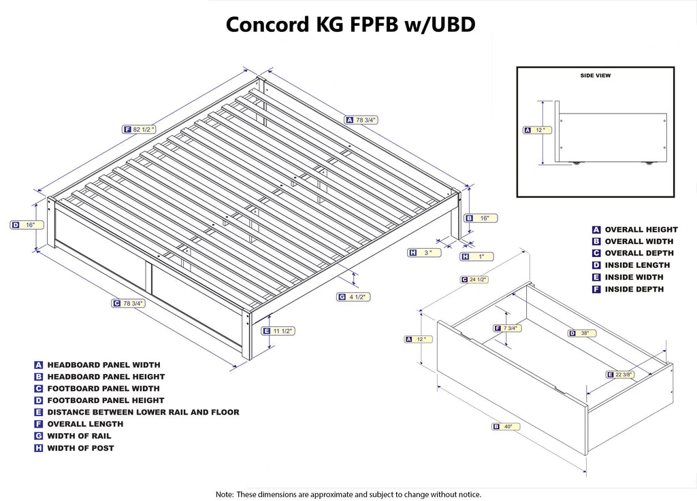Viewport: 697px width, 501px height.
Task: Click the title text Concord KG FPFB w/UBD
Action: click(350, 25)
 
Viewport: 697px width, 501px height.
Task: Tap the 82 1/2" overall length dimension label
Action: click(140, 129)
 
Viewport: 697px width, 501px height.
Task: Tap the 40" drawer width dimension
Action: click(506, 427)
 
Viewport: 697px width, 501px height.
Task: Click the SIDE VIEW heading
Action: click(595, 75)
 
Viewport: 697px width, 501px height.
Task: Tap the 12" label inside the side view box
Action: click(538, 130)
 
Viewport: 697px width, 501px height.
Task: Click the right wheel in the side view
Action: click(649, 162)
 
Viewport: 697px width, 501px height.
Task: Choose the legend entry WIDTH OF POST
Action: click(80, 448)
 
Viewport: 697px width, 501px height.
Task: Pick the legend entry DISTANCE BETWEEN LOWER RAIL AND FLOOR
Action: click(143, 412)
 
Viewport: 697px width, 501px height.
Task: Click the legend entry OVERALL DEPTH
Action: click(638, 253)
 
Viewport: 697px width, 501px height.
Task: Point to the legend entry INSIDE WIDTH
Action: click(633, 277)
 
